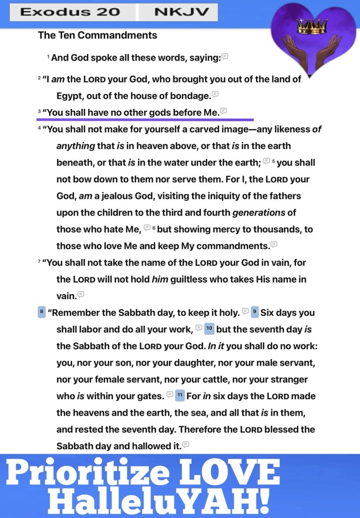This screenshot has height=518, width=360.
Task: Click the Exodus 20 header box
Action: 70,12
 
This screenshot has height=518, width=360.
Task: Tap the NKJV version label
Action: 178,12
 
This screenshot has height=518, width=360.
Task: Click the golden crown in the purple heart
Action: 312,27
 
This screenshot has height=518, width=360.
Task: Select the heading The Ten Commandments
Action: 98,35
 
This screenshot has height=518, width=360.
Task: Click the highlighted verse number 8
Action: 41,312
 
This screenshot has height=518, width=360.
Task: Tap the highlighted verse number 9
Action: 255,312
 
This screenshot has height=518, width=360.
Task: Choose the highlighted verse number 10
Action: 209,329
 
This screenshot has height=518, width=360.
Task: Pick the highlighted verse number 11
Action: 179,396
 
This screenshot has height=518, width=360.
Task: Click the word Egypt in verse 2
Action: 70,96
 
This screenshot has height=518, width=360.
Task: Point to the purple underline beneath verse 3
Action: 145,120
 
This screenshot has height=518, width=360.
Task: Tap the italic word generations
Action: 259,212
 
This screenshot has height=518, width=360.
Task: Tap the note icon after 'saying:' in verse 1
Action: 225,57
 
